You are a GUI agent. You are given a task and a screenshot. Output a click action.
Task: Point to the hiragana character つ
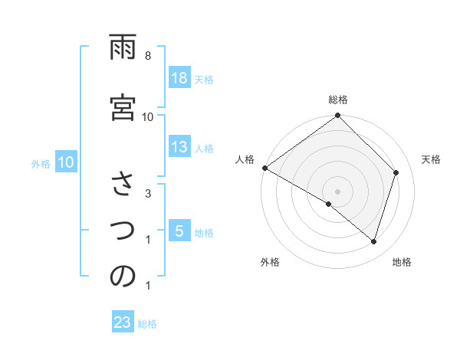click(x=123, y=231)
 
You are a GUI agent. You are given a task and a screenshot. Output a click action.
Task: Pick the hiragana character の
click(x=123, y=277)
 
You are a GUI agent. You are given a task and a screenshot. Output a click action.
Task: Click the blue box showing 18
click(x=179, y=78)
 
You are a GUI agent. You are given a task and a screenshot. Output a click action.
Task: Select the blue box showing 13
click(x=179, y=148)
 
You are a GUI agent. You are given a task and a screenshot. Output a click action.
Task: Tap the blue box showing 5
click(x=179, y=232)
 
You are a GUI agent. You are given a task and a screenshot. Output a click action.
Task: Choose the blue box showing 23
click(x=123, y=323)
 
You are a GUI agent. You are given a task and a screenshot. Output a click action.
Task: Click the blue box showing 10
click(x=65, y=162)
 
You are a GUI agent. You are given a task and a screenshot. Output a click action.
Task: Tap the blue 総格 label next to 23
click(x=147, y=324)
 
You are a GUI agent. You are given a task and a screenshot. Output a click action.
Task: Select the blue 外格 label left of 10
click(x=41, y=163)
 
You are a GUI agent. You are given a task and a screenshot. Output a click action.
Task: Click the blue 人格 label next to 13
click(x=204, y=149)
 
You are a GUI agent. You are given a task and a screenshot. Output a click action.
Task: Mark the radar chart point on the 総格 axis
click(x=337, y=116)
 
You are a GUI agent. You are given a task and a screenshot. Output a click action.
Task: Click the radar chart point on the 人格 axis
click(x=264, y=168)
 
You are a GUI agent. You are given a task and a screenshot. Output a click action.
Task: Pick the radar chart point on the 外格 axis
click(x=329, y=204)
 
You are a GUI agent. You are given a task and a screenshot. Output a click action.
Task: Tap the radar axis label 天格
click(x=431, y=159)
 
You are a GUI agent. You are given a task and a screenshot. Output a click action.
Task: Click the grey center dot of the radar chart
click(x=337, y=191)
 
